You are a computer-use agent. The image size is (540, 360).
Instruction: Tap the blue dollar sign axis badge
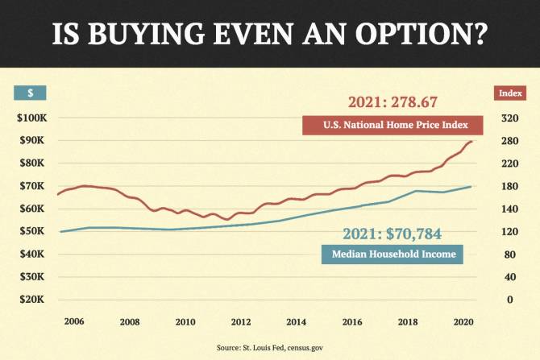30,93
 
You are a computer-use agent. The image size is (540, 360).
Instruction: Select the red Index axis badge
509,93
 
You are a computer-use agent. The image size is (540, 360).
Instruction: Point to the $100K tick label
33,118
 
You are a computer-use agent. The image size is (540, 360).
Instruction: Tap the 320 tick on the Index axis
509,118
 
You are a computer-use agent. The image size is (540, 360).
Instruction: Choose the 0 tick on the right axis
509,300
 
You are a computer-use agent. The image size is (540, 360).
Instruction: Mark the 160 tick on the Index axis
509,209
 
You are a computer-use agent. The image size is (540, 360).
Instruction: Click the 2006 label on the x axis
73,321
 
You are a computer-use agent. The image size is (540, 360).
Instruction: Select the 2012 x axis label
241,321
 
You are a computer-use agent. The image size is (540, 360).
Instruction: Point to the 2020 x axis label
463,321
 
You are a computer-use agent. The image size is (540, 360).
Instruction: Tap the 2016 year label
352,321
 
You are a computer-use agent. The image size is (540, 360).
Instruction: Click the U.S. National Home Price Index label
392,126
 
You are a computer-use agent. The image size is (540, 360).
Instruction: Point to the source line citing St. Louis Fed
269,347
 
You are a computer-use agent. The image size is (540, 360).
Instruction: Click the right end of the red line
472,142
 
